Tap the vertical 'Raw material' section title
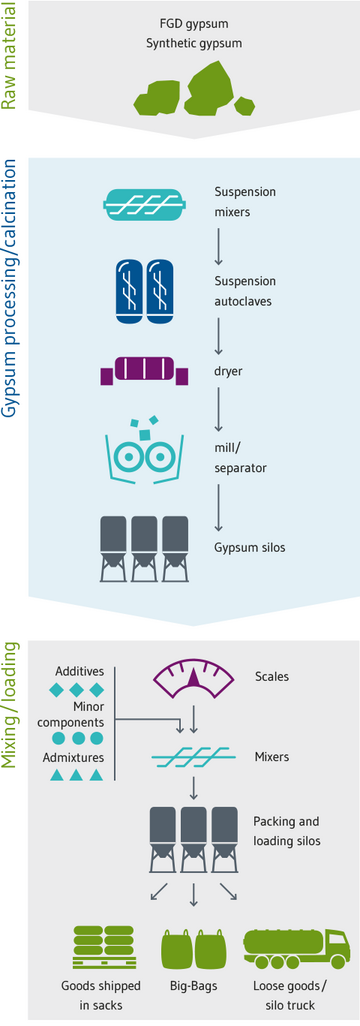pyautogui.click(x=11, y=60)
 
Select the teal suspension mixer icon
pyautogui.click(x=146, y=204)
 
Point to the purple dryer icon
pyautogui.click(x=144, y=372)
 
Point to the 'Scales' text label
pyautogui.click(x=271, y=677)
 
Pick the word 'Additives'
pyautogui.click(x=78, y=671)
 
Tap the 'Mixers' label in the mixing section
pyautogui.click(x=271, y=757)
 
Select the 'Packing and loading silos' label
pyautogui.click(x=285, y=831)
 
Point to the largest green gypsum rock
pyautogui.click(x=220, y=85)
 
